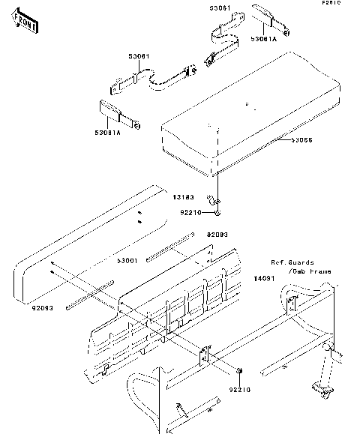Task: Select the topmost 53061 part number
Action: [x=220, y=9]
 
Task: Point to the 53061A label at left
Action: [x=107, y=132]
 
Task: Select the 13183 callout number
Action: [x=184, y=198]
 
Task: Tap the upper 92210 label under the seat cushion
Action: [x=190, y=212]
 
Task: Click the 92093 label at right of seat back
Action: [x=217, y=235]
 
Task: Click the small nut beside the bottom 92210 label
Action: [x=238, y=373]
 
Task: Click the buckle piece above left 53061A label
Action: [x=114, y=111]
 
